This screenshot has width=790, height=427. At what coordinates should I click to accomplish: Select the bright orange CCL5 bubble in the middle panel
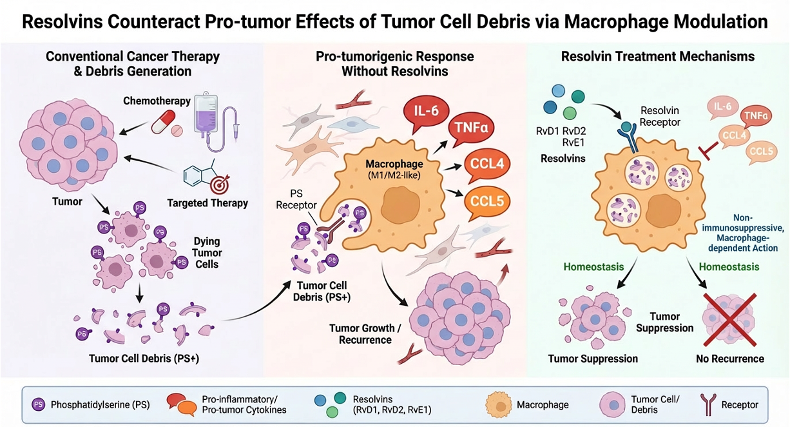point(487,201)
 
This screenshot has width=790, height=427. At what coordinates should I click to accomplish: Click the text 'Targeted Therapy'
point(207,203)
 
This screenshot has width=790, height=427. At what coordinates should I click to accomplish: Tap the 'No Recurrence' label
point(730,359)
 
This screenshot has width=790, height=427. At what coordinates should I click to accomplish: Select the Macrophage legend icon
point(497,405)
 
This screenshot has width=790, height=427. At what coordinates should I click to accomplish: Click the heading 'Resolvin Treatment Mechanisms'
point(657,56)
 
